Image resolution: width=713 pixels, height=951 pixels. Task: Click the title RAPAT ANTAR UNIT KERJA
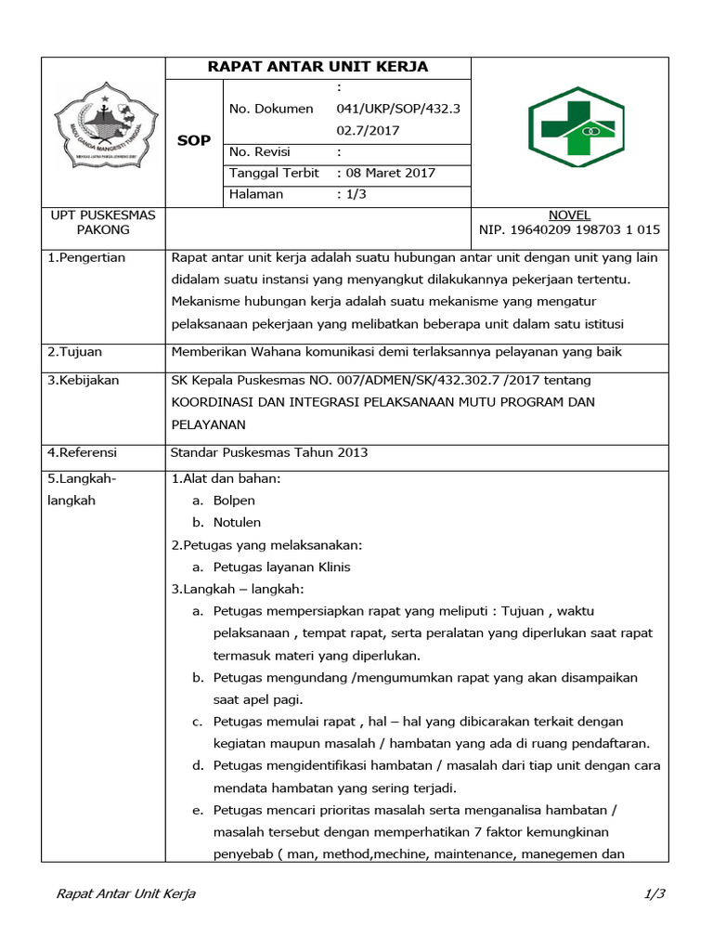318,68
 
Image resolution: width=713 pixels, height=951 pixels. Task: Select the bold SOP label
194,140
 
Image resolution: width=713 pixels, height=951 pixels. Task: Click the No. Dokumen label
271,109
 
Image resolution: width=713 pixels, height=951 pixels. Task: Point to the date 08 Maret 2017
389,173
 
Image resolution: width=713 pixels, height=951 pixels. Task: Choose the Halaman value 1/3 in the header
352,194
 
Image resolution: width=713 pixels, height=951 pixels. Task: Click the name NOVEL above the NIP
569,215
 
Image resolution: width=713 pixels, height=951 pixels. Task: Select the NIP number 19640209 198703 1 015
569,229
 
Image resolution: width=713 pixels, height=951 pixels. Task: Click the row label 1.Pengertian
86,257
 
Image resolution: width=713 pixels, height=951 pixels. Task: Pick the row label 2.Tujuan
75,351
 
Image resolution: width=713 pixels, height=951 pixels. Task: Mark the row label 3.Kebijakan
83,380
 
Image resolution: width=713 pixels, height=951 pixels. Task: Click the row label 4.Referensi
83,452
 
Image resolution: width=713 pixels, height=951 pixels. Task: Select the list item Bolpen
234,501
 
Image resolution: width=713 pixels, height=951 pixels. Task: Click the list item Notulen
237,522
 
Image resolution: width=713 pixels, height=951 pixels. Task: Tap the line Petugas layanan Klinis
281,567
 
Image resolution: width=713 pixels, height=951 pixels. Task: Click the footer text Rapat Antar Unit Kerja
126,894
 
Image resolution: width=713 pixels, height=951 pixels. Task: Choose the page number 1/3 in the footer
655,894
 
